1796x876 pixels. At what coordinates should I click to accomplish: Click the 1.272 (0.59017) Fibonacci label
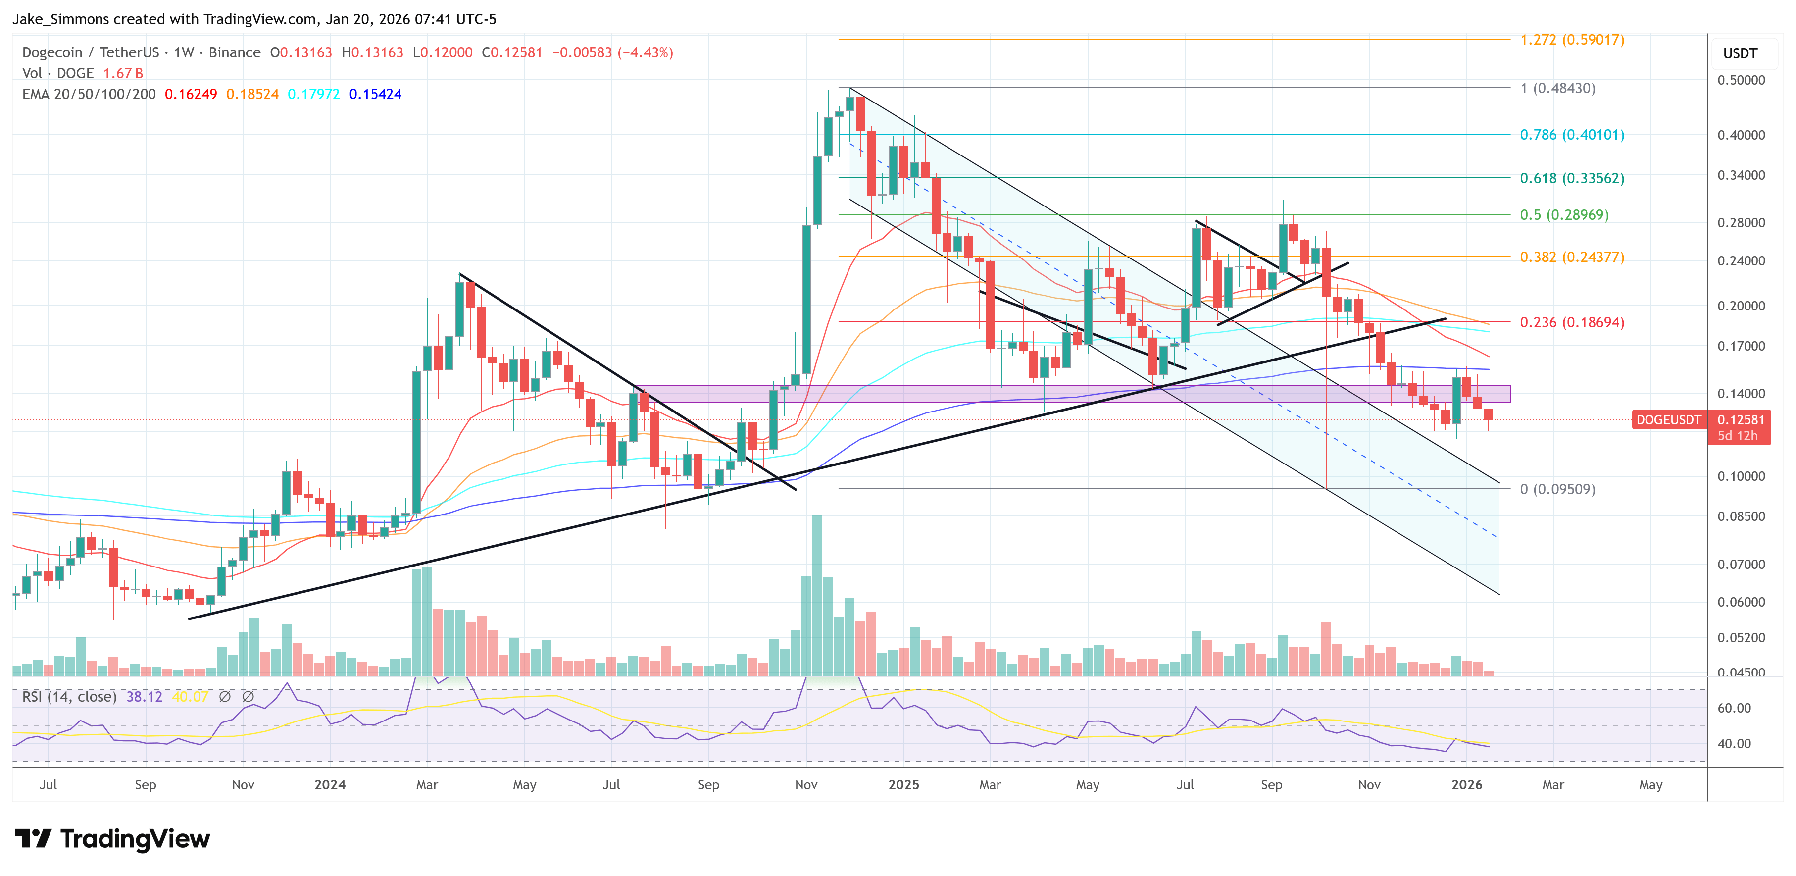tap(1571, 40)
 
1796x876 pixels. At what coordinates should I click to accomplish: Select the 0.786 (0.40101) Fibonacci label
tap(1571, 135)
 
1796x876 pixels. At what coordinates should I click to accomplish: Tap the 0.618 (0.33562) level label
tap(1571, 179)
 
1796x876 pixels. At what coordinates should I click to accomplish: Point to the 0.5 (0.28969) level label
tap(1564, 215)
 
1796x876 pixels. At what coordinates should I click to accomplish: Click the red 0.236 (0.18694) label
tap(1571, 322)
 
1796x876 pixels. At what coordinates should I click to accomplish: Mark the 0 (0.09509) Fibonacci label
tap(1557, 489)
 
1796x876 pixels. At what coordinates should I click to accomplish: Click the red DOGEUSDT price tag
tap(1668, 420)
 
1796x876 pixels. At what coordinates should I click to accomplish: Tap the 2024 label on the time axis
tap(330, 784)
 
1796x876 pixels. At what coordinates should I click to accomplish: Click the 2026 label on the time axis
tap(1466, 784)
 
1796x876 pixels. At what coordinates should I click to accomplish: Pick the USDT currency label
tap(1740, 53)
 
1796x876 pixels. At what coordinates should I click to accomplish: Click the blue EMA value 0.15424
tap(375, 94)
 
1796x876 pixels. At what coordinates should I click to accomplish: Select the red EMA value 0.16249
tap(190, 94)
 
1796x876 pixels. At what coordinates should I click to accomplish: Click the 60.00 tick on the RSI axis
tap(1734, 708)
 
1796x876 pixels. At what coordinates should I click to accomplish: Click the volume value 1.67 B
tap(123, 73)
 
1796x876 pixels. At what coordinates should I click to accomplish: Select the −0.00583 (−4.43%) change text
tap(612, 52)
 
